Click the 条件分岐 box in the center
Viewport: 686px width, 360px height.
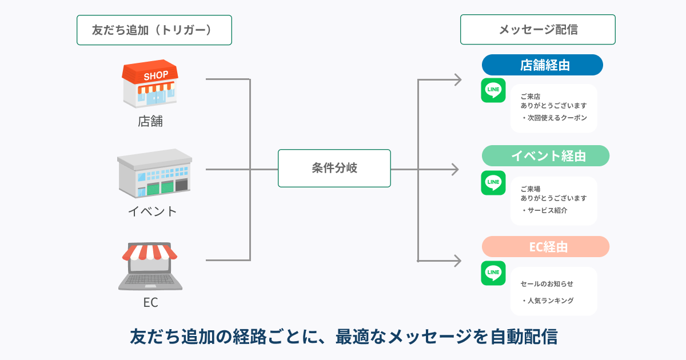(334, 168)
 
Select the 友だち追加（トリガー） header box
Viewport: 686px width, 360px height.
(154, 30)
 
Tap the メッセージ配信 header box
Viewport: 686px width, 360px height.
(537, 30)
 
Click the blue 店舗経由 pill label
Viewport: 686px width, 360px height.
(543, 65)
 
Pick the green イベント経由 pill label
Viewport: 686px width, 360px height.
(545, 155)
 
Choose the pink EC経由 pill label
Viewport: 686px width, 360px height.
(545, 246)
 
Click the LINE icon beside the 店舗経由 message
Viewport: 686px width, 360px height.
(493, 90)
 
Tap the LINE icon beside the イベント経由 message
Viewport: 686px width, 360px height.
(493, 182)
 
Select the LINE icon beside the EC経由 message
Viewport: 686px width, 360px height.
(493, 273)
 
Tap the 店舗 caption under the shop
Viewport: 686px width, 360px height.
(150, 121)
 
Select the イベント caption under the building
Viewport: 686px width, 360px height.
(152, 211)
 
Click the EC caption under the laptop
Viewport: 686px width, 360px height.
(150, 302)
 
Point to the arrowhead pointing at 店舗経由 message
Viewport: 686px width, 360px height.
(457, 79)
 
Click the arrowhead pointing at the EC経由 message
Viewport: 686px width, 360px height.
(457, 261)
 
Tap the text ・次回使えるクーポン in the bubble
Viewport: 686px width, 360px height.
(555, 118)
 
